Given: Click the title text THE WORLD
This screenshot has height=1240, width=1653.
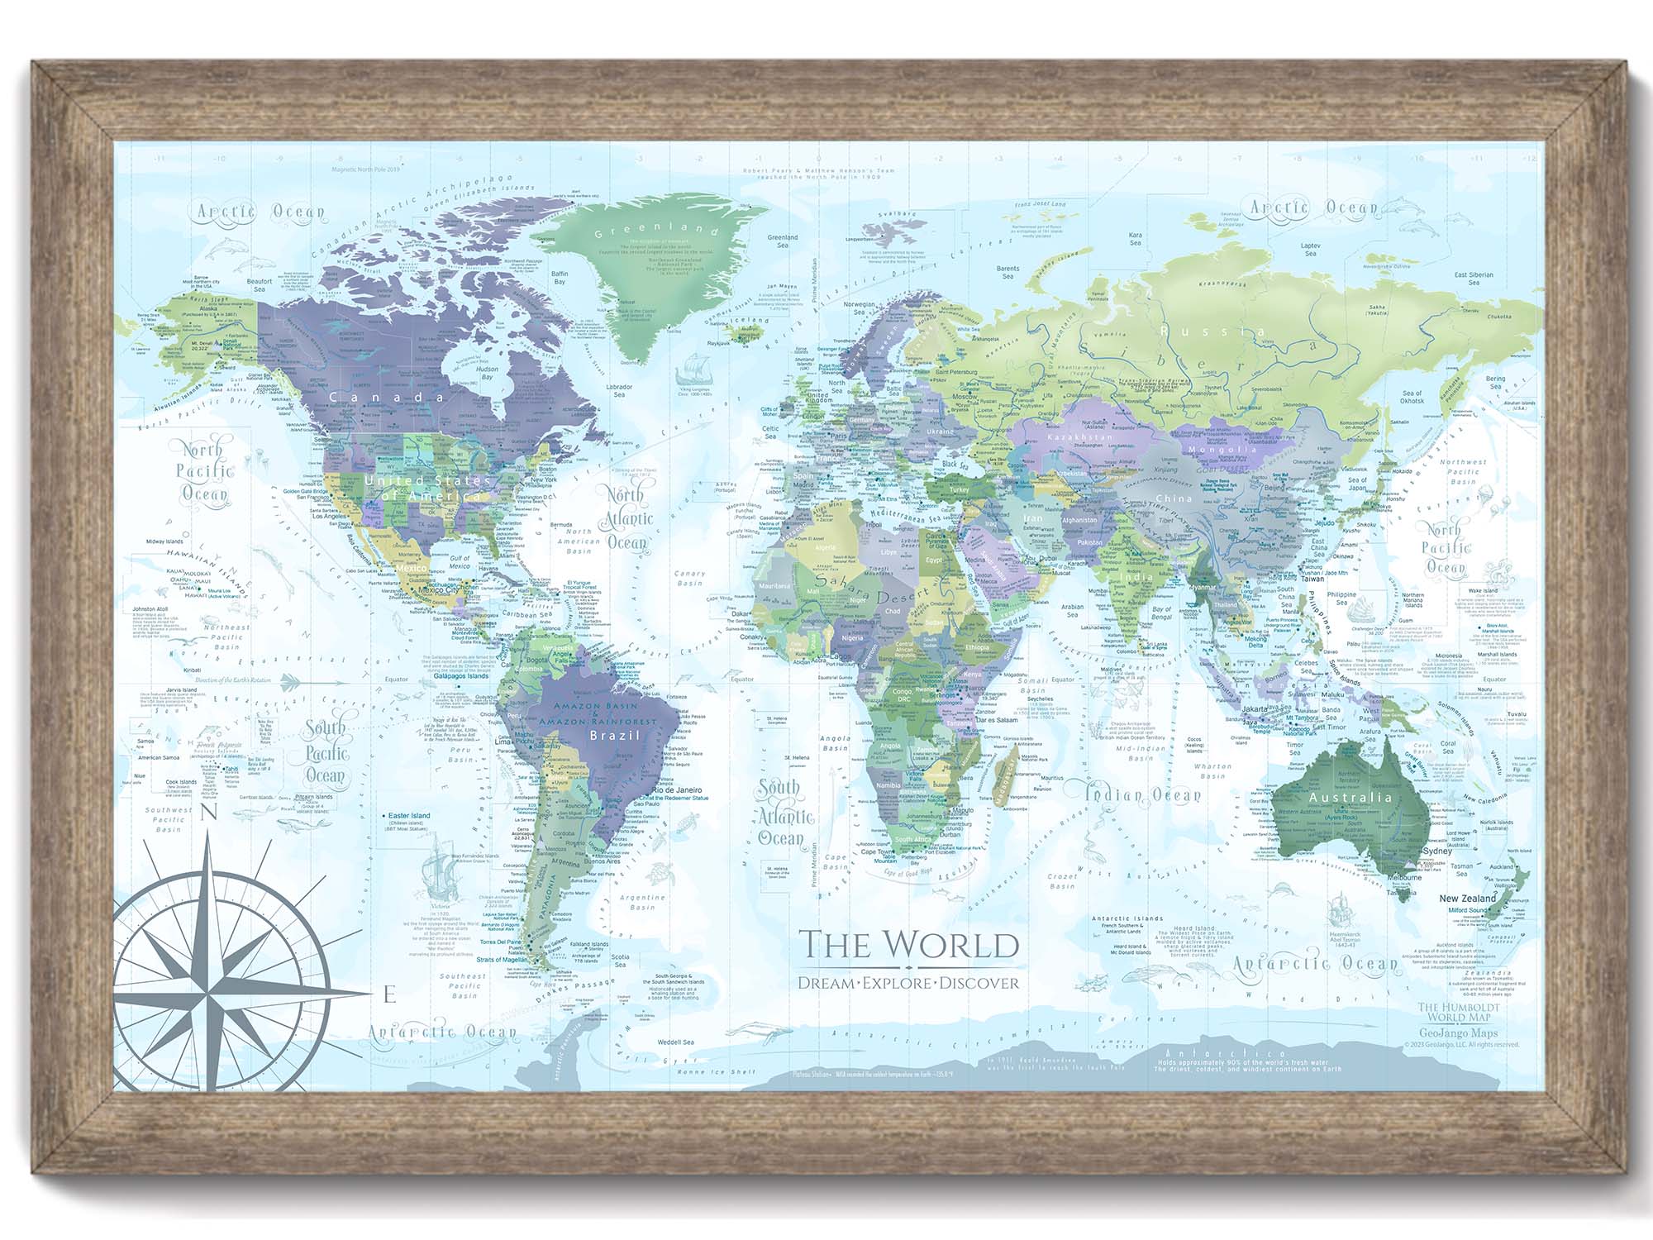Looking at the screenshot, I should (x=908, y=945).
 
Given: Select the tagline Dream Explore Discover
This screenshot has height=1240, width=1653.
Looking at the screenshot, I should (x=908, y=983).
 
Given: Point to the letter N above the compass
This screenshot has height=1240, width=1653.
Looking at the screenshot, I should (x=209, y=813).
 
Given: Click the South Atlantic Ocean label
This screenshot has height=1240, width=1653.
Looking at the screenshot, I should (x=782, y=814).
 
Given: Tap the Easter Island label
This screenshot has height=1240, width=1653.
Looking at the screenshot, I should (x=410, y=816).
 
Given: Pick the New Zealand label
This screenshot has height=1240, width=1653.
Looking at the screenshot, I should (x=1467, y=899).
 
